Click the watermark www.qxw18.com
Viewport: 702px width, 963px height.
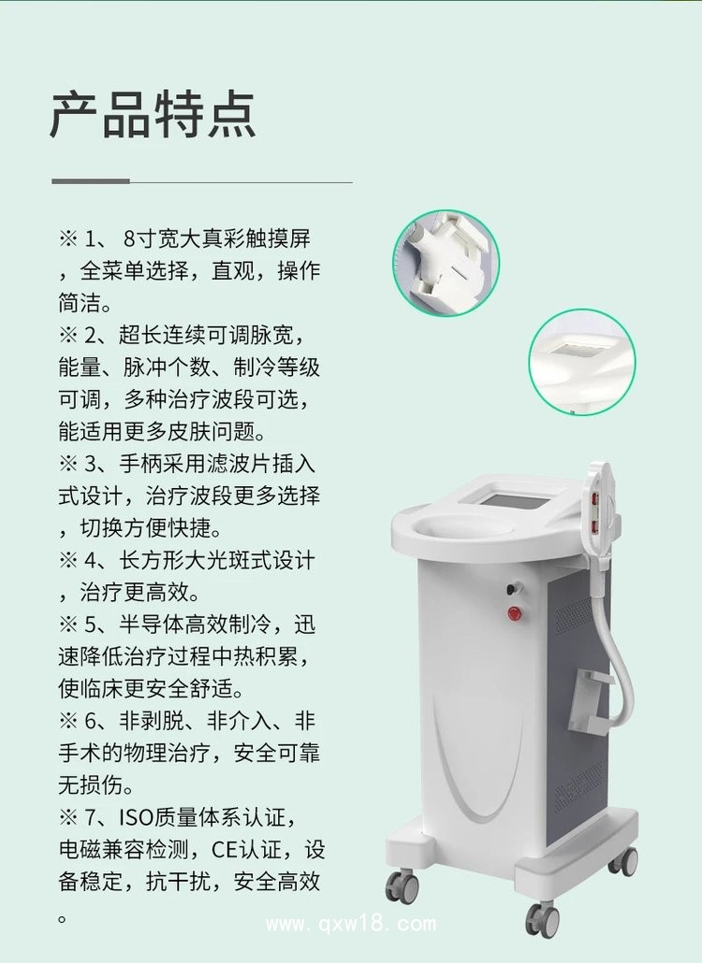tap(351, 925)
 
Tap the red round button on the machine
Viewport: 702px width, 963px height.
tap(513, 612)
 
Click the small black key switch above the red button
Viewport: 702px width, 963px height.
tap(512, 589)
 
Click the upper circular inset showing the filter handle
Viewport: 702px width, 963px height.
tap(445, 262)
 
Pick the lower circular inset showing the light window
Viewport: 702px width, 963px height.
tap(582, 362)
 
